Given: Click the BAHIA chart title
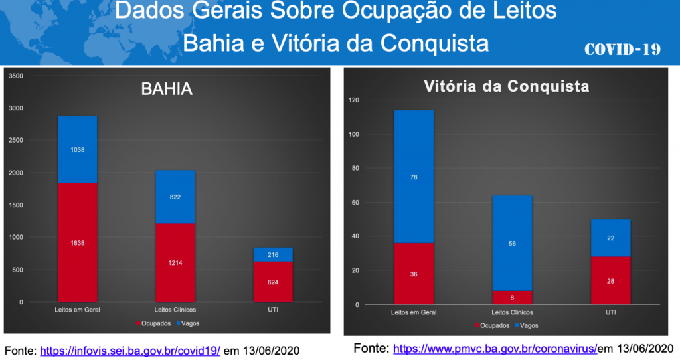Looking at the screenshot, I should pos(167,90).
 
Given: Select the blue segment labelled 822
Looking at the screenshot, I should pos(175,197).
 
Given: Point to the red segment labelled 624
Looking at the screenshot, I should pos(273,282).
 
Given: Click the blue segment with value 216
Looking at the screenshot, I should pos(273,254).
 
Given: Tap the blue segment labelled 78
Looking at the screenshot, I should pos(414,177).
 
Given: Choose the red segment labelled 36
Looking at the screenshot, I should pos(414,274).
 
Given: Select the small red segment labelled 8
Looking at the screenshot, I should pos(512,297).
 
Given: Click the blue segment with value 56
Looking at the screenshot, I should pos(512,243).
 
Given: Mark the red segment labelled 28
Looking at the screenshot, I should pos(610,280).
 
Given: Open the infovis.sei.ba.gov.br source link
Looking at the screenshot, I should pos(130,350).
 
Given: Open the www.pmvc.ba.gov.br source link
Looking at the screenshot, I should pos(495,348).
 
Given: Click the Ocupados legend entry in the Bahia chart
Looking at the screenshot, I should pos(153,323).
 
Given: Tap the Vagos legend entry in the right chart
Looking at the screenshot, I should pos(527,326).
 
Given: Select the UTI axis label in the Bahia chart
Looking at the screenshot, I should pos(273,310).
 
